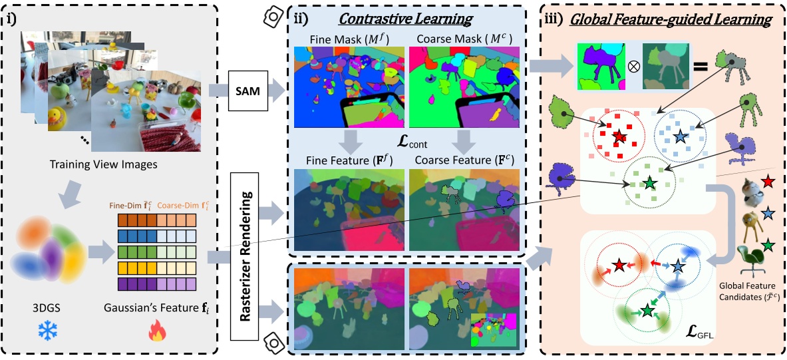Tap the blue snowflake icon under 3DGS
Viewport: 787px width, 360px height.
pyautogui.click(x=47, y=331)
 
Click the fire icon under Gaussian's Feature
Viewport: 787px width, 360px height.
pyautogui.click(x=158, y=331)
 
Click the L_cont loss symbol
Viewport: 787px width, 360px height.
pyautogui.click(x=408, y=141)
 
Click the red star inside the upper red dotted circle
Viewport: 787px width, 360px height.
pyautogui.click(x=619, y=136)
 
